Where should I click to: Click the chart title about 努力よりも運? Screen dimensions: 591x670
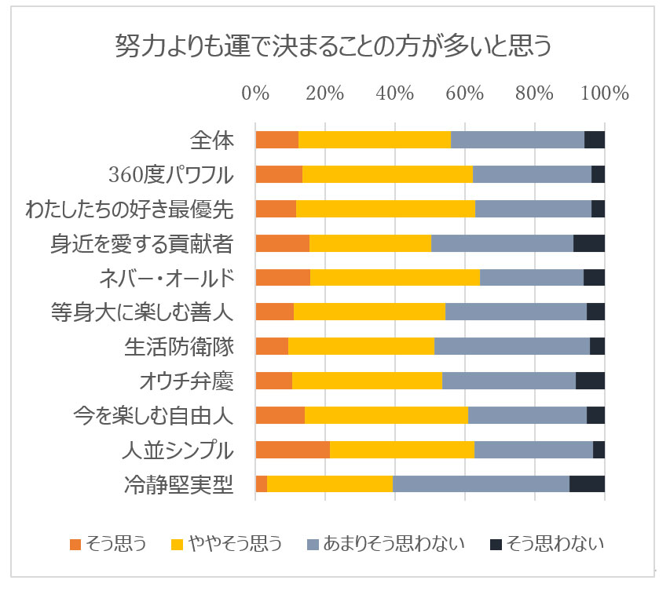(334, 46)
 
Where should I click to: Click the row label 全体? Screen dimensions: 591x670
(212, 140)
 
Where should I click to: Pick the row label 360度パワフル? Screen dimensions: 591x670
(172, 174)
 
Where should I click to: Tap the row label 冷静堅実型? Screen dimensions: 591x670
(179, 484)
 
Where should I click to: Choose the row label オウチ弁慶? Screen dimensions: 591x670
(185, 381)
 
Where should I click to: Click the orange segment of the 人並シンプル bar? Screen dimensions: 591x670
(292, 450)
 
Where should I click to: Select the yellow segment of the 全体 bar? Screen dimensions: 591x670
(375, 140)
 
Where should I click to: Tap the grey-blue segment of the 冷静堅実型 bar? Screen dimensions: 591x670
(481, 484)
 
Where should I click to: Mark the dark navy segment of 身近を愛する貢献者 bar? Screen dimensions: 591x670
(589, 243)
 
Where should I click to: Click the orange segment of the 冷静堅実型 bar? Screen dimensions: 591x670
(261, 484)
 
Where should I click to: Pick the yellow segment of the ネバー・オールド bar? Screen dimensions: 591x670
(395, 278)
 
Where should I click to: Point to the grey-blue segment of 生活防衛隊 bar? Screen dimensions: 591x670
(512, 346)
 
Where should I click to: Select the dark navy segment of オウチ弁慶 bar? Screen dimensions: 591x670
(590, 381)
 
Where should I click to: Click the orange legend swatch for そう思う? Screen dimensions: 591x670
(75, 544)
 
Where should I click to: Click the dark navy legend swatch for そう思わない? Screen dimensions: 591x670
(496, 544)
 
